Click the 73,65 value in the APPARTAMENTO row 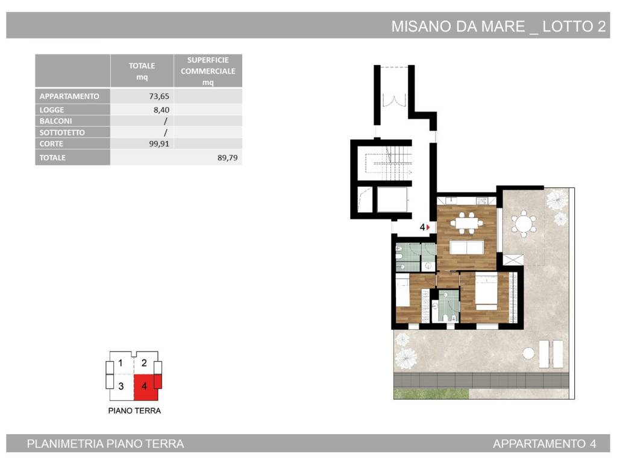tap(157, 96)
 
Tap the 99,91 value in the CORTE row tap(155, 144)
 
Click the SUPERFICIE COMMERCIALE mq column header tap(208, 71)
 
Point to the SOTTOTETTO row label tap(62, 133)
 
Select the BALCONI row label tap(55, 121)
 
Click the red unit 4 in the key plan tap(145, 386)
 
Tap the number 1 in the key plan tap(121, 364)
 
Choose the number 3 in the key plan tap(121, 386)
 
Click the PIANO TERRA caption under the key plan tap(134, 411)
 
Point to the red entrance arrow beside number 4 tap(428, 227)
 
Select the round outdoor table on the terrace tap(524, 224)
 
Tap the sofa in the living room tap(467, 248)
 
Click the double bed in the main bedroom tap(486, 292)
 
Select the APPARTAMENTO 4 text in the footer tap(544, 444)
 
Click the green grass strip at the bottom tap(431, 394)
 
